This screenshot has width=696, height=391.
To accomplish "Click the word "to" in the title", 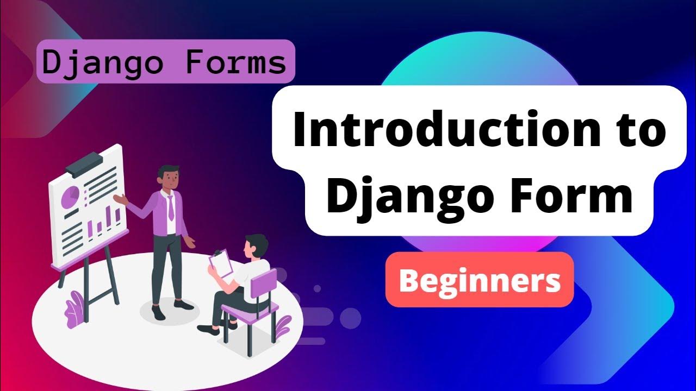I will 641,132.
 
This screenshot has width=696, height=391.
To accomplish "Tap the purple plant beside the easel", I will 73,312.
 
